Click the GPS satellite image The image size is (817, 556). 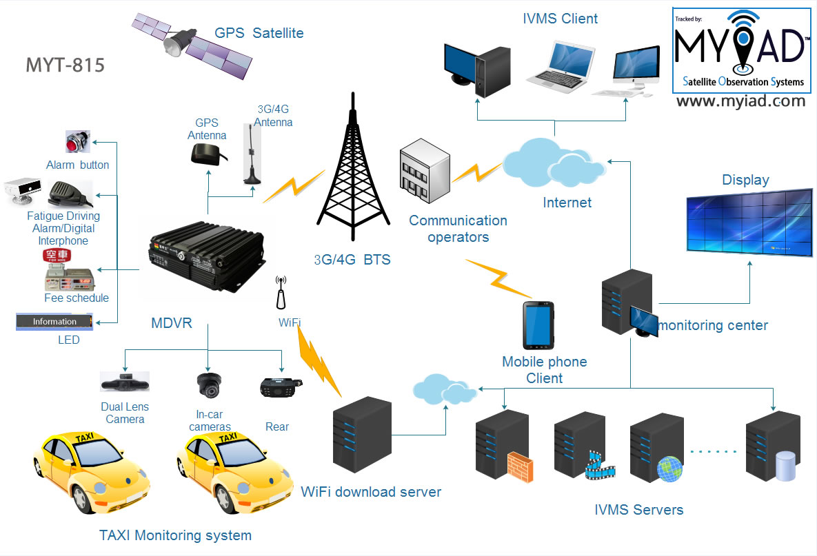click(x=192, y=45)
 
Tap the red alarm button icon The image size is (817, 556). click(x=78, y=141)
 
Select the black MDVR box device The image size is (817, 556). click(x=208, y=257)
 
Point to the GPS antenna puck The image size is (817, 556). click(x=208, y=154)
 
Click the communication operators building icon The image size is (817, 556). click(x=425, y=170)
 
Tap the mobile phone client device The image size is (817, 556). click(x=538, y=325)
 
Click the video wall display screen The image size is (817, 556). click(x=749, y=223)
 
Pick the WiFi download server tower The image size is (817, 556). click(x=362, y=434)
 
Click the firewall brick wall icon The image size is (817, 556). click(x=520, y=466)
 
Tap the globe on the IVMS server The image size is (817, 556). click(x=669, y=469)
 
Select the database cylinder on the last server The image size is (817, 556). click(x=785, y=466)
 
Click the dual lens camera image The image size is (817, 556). click(x=125, y=382)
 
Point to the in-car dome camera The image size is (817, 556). click(x=210, y=385)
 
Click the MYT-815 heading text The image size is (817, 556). click(x=65, y=65)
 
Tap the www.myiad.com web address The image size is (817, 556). click(x=741, y=101)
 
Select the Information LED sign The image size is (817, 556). click(x=54, y=322)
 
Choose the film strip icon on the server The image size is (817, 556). click(x=599, y=466)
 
